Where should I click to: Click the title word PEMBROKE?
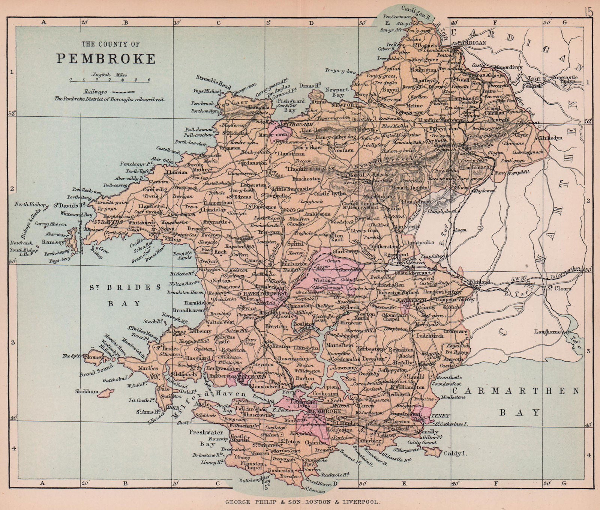106,59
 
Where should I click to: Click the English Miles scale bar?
109,80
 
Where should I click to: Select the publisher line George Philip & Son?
299,501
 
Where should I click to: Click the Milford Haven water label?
210,403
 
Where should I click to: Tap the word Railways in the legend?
95,91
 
